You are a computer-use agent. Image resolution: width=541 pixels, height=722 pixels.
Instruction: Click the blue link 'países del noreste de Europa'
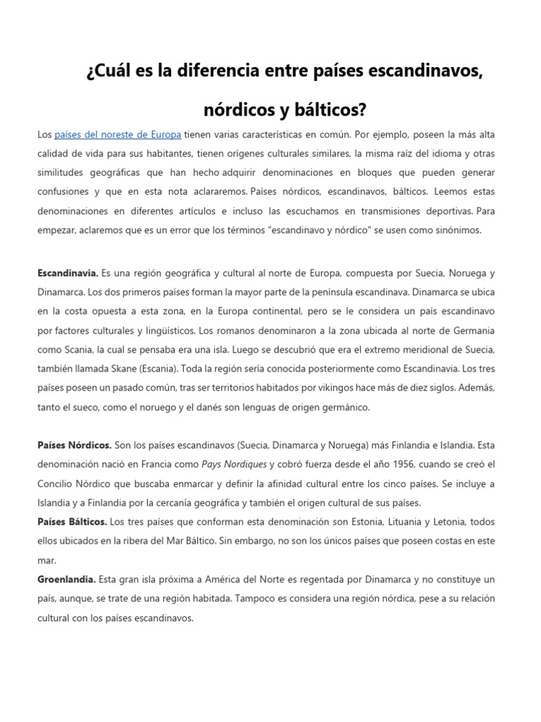tap(118, 134)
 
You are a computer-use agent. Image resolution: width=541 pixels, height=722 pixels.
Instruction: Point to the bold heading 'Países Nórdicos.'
tap(74, 445)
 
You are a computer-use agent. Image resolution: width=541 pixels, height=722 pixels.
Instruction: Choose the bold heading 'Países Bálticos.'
tap(73, 521)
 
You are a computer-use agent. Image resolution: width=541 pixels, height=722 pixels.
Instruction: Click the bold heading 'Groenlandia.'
tap(67, 579)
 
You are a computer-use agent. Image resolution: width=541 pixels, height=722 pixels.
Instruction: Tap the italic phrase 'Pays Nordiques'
tap(235, 464)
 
